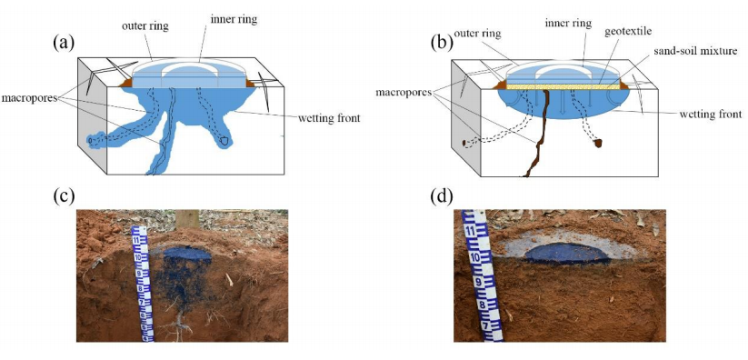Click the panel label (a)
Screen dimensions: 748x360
coord(64,43)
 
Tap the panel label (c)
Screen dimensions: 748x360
coord(64,195)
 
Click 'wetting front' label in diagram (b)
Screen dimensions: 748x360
coord(711,115)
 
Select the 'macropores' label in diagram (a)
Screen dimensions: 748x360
coord(31,98)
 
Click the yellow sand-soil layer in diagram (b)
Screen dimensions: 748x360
coord(563,87)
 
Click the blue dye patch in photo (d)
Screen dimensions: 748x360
coord(568,253)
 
